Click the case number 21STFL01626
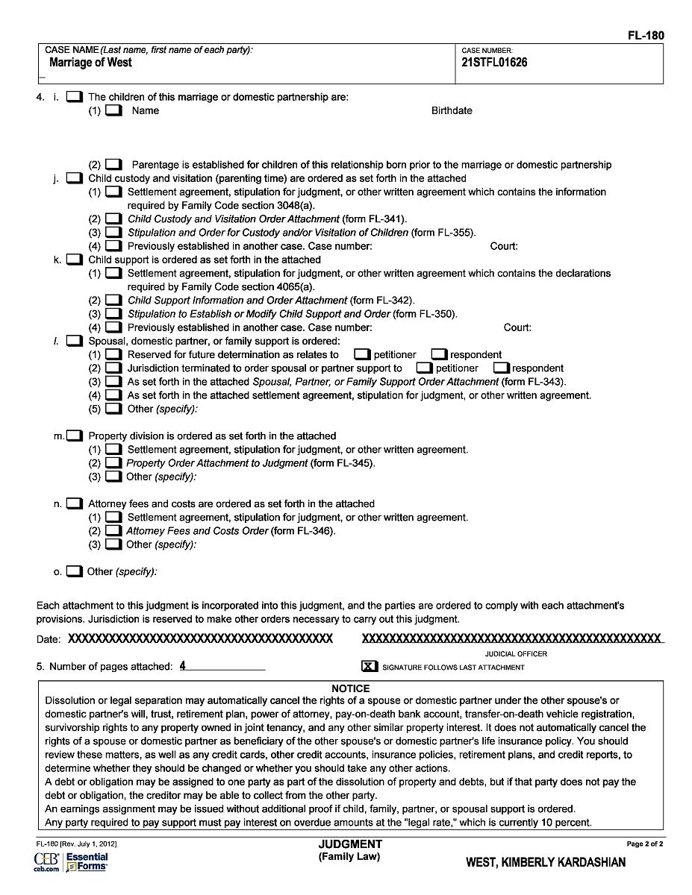pyautogui.click(x=495, y=63)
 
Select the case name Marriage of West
pyautogui.click(x=90, y=63)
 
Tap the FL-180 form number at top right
pyautogui.click(x=646, y=35)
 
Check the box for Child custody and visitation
pyautogui.click(x=74, y=178)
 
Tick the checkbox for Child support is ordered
pyautogui.click(x=74, y=260)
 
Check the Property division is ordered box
pyautogui.click(x=74, y=436)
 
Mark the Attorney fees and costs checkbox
pyautogui.click(x=74, y=503)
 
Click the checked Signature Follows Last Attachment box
pyautogui.click(x=370, y=666)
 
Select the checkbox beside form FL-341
pyautogui.click(x=113, y=219)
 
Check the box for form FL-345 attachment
pyautogui.click(x=113, y=463)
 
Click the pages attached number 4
pyautogui.click(x=183, y=666)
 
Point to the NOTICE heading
pyautogui.click(x=350, y=688)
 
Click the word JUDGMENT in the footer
pyautogui.click(x=350, y=844)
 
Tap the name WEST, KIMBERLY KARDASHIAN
pyautogui.click(x=546, y=862)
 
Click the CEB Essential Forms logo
pyautogui.click(x=71, y=862)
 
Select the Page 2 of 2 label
pyautogui.click(x=644, y=844)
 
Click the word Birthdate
pyautogui.click(x=452, y=110)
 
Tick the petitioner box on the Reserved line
pyautogui.click(x=362, y=354)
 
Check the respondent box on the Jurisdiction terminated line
pyautogui.click(x=501, y=368)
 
